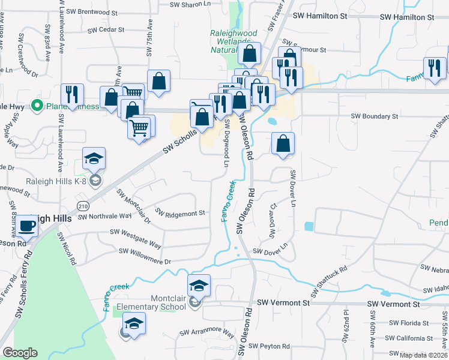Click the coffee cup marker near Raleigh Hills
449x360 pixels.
tap(27, 226)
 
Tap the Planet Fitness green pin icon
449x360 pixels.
tap(37, 107)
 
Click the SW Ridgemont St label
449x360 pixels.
tap(180, 212)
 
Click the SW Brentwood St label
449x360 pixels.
tap(92, 11)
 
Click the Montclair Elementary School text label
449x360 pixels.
tap(152, 302)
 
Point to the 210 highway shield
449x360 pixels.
tap(82, 206)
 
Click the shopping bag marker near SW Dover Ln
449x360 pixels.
tap(283, 144)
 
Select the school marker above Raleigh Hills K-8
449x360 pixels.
tap(94, 159)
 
